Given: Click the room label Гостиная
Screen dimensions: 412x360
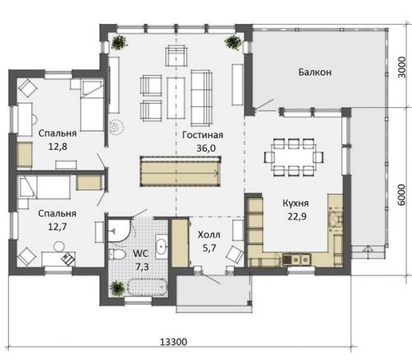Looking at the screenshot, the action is (203, 135).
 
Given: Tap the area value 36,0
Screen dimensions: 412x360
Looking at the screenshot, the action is (206, 148).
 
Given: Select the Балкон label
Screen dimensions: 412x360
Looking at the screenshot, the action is (315, 72).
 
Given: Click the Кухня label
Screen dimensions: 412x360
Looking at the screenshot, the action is (296, 203).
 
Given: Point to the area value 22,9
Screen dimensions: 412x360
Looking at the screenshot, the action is (297, 217).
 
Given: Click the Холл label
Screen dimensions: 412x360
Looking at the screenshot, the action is (209, 235).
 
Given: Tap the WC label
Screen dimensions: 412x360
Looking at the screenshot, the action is (141, 253).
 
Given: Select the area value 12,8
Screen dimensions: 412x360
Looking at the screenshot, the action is (58, 147).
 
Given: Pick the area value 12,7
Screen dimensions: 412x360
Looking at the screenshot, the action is (58, 227).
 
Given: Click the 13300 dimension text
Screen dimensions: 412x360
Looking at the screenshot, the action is (174, 342).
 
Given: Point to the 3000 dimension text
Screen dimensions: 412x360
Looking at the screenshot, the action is (401, 68).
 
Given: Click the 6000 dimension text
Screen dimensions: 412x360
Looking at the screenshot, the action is (401, 194).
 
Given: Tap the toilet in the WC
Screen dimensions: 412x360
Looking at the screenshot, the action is (117, 255).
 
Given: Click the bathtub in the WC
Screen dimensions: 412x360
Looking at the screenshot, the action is (147, 288).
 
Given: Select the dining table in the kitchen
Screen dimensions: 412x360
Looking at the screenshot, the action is (293, 157).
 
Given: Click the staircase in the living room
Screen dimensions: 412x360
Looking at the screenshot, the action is (180, 171).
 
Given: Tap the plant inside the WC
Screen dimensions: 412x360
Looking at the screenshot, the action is (118, 288).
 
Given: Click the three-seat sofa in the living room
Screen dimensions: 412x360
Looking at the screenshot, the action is (202, 98).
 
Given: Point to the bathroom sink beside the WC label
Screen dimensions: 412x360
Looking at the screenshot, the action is (162, 246).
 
